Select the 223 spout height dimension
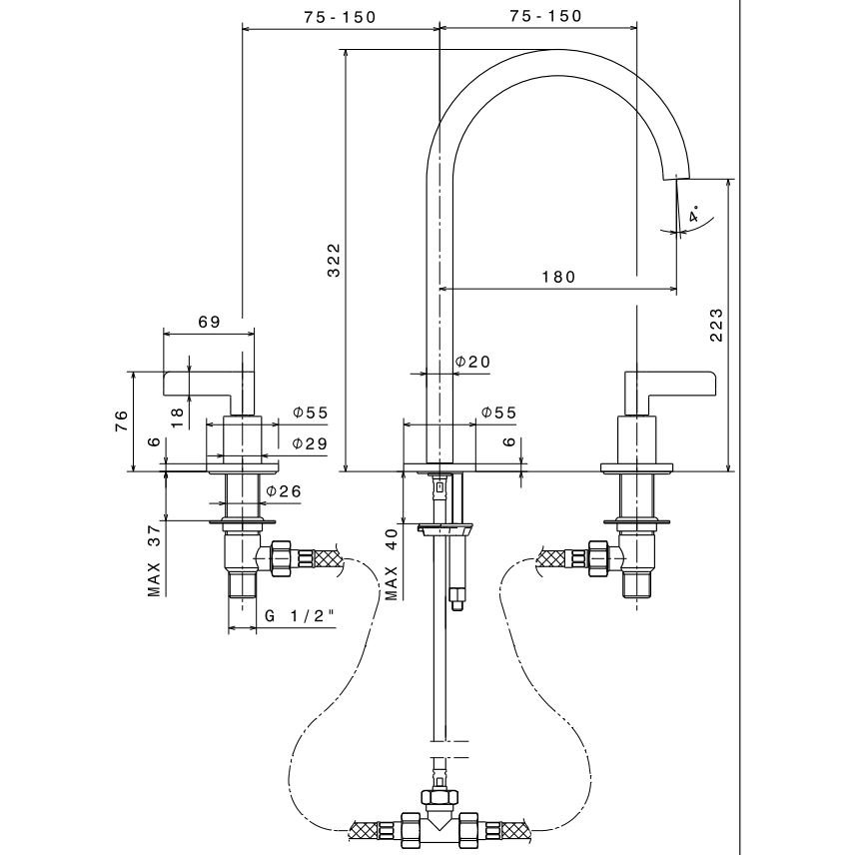point(716,326)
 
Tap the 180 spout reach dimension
point(557,277)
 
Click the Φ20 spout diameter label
point(473,361)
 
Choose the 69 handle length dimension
point(209,322)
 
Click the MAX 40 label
point(392,564)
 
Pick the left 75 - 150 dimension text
point(341,16)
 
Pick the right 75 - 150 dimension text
point(544,16)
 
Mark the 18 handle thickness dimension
point(178,416)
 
